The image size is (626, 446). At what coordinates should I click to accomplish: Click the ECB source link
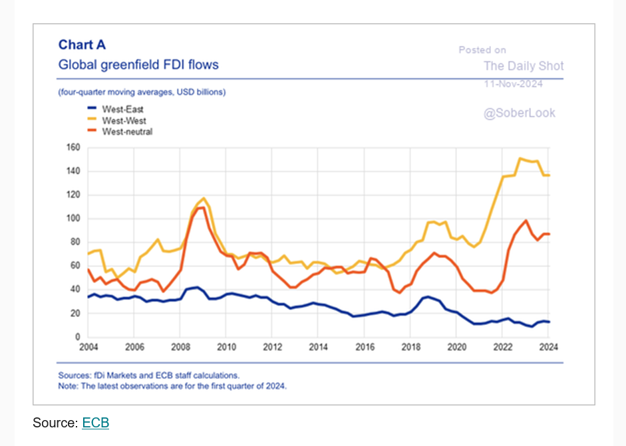coord(95,423)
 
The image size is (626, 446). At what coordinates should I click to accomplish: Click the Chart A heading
coord(82,45)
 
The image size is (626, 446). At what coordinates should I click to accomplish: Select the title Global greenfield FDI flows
coord(138,65)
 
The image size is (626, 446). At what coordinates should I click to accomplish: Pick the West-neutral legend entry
coord(127,132)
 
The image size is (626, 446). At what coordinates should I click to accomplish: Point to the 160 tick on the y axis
coord(73,148)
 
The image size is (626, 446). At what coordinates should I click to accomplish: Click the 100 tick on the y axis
coord(73,219)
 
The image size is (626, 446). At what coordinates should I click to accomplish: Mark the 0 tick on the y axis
coord(77,337)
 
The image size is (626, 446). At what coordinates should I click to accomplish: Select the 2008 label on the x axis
coord(180,347)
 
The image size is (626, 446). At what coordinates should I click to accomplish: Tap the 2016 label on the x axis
coord(365,347)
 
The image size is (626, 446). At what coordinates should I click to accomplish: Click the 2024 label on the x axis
coord(548,347)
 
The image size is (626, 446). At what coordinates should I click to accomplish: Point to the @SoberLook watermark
coord(519,113)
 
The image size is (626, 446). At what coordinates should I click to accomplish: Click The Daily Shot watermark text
coord(524,66)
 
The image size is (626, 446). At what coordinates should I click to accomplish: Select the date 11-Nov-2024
coord(513,84)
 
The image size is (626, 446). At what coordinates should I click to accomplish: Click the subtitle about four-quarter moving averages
coord(142,92)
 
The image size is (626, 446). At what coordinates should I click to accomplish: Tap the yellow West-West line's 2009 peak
coord(204,198)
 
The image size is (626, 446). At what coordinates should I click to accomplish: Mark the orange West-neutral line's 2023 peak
coord(526,220)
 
